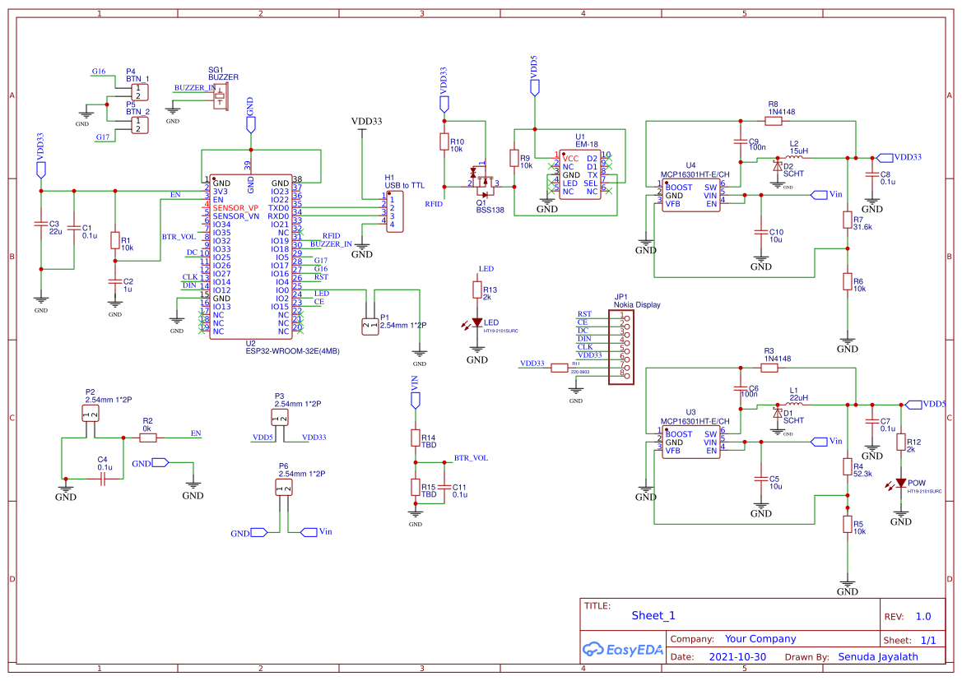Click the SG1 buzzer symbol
(220, 96)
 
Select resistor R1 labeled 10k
(115, 239)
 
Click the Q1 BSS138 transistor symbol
(484, 182)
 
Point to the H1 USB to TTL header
(395, 211)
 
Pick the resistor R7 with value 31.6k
(848, 220)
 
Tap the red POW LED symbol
(902, 483)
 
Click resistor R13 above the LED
(476, 290)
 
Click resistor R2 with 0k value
(148, 438)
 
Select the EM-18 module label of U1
(586, 144)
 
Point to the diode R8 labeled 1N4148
(773, 121)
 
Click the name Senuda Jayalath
(877, 657)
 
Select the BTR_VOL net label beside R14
(471, 457)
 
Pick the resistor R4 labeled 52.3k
(848, 466)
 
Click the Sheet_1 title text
(653, 615)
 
